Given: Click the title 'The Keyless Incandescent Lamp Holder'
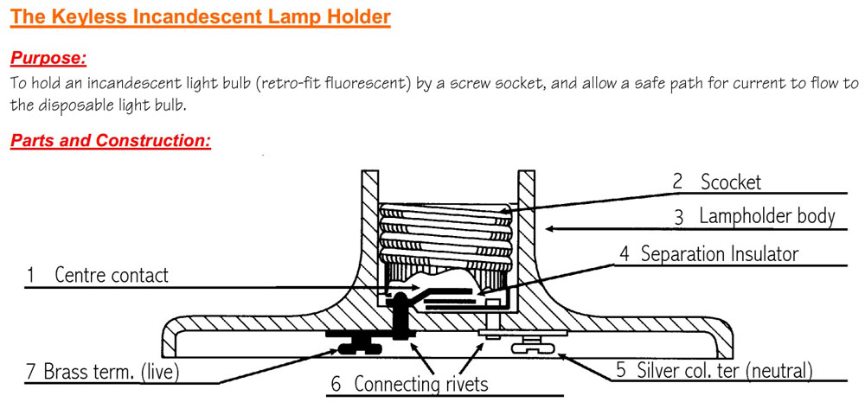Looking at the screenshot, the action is pyautogui.click(x=201, y=16).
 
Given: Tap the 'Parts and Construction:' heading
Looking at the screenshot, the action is pyautogui.click(x=111, y=140).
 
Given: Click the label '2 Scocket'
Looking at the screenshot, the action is pyautogui.click(x=717, y=182).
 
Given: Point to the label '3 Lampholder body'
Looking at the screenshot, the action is pyautogui.click(x=754, y=216).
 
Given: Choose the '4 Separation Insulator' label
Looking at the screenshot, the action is pyautogui.click(x=709, y=254).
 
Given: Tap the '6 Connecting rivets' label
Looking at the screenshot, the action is pyautogui.click(x=410, y=384).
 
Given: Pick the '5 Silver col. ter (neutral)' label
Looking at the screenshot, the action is pyautogui.click(x=714, y=370).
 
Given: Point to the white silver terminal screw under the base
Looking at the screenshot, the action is pyautogui.click(x=534, y=348).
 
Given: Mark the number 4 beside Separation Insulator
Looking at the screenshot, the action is pyautogui.click(x=625, y=254).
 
